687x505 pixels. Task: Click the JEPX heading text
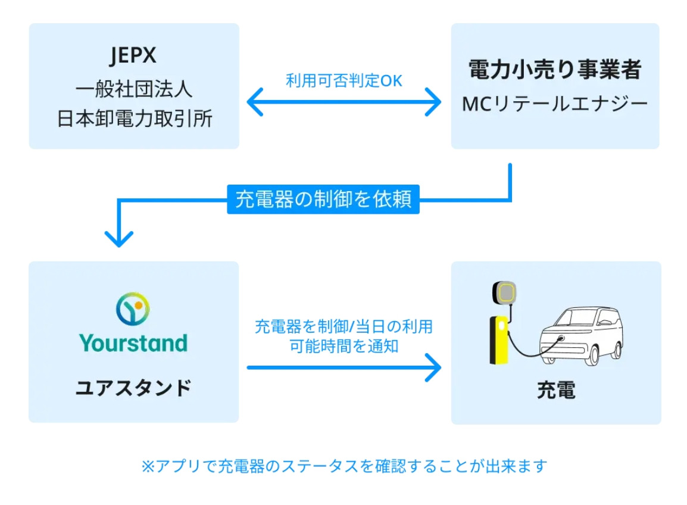point(133,56)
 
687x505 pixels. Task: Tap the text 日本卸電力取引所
point(133,119)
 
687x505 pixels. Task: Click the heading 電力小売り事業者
point(555,70)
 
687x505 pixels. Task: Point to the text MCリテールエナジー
point(555,105)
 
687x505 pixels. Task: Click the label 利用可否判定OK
point(344,81)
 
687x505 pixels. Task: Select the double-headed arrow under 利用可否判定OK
point(344,103)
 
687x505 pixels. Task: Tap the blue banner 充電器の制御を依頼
point(323,199)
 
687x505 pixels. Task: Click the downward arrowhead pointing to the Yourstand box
point(119,238)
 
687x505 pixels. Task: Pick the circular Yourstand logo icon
point(133,308)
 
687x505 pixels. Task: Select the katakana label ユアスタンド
point(133,388)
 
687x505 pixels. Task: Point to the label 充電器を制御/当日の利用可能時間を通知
point(343,336)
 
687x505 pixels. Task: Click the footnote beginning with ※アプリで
point(343,466)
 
